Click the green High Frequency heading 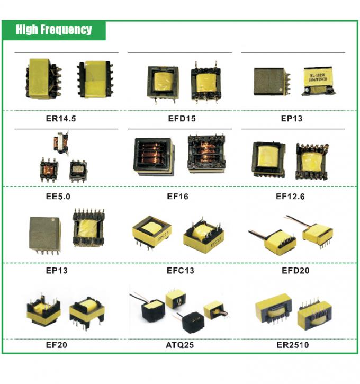tap(53, 30)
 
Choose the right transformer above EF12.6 tap(311, 160)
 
